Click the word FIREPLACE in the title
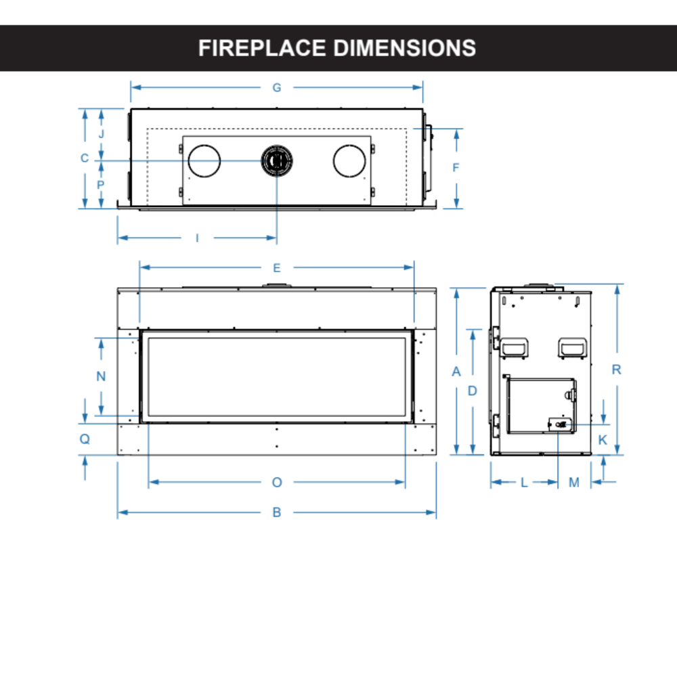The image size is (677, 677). click(261, 48)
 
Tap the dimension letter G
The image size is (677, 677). click(276, 88)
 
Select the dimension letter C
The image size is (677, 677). click(85, 158)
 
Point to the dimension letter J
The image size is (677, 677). click(102, 133)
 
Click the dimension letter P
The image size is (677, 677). click(102, 184)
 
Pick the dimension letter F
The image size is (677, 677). click(456, 167)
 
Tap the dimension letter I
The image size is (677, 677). click(197, 238)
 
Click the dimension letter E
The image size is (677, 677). click(276, 268)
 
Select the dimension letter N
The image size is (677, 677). click(102, 376)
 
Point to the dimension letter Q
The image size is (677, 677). click(85, 439)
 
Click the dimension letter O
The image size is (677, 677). click(276, 482)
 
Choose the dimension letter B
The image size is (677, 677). click(276, 512)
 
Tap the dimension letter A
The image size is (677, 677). click(456, 371)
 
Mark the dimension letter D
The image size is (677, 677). click(473, 391)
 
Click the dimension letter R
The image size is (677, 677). click(616, 370)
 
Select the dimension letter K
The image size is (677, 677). click(603, 439)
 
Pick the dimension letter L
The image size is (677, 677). click(524, 482)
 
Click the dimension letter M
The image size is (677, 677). click(574, 482)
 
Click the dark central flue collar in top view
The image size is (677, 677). click(276, 160)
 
